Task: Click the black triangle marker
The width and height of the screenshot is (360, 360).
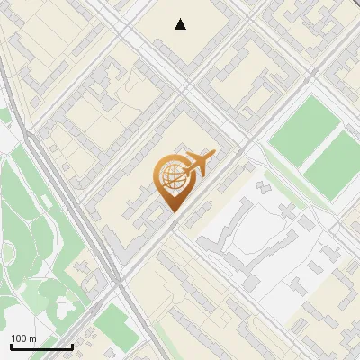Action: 181,24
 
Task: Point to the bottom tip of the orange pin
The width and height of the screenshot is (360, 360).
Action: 173,212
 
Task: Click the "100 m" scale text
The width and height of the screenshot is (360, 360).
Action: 23,338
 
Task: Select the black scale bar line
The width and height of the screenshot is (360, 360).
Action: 41,346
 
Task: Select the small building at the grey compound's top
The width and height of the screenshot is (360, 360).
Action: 264,187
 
